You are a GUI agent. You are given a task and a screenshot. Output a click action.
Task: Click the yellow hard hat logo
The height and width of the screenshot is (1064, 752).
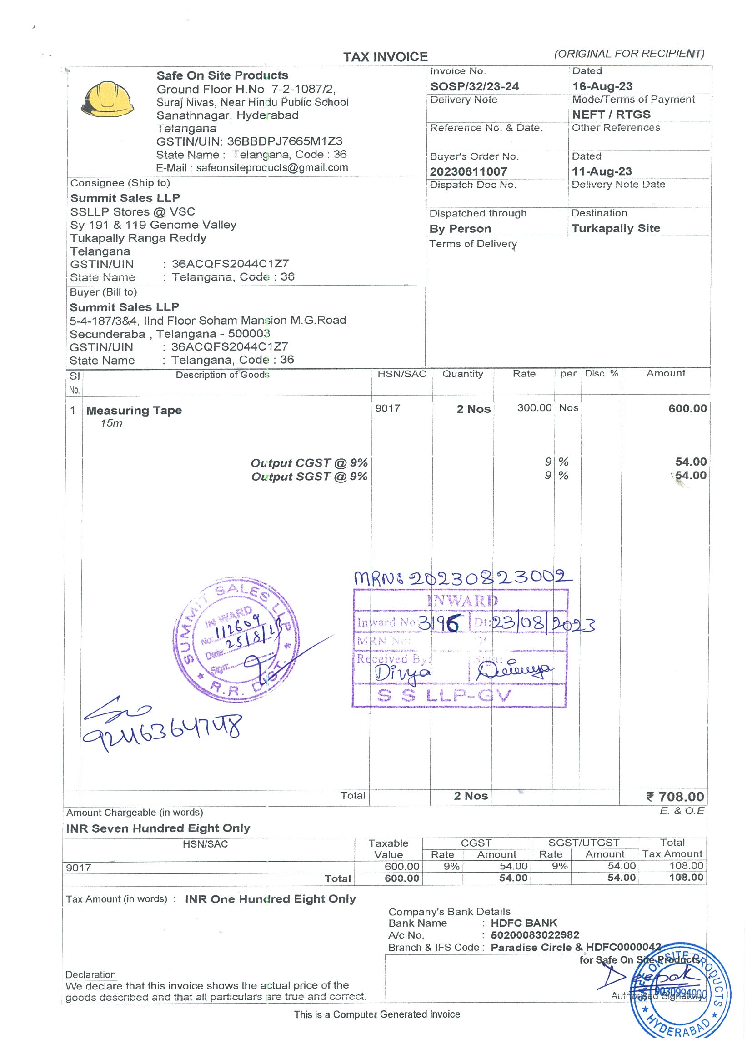point(107,99)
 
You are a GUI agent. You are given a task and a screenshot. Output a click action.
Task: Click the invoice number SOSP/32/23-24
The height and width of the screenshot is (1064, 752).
point(474,87)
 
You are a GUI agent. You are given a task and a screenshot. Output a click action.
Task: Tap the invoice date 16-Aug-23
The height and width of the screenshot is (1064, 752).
point(602,87)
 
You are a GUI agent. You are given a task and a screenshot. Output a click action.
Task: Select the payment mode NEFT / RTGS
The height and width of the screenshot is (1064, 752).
point(611,115)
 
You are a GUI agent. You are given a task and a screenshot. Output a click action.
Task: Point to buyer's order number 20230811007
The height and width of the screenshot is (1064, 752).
point(468,171)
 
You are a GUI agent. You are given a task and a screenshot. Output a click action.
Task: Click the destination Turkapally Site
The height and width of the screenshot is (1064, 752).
point(615,228)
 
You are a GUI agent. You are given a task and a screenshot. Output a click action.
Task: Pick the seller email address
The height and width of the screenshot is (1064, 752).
point(271,168)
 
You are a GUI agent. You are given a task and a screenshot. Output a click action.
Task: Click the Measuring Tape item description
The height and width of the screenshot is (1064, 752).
point(134,411)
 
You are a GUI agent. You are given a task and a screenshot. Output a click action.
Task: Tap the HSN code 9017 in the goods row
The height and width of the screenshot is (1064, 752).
point(387,408)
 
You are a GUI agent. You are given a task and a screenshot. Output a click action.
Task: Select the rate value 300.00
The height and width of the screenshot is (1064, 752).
point(534,408)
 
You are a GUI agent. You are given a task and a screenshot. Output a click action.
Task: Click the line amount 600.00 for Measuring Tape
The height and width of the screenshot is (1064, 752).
point(687,408)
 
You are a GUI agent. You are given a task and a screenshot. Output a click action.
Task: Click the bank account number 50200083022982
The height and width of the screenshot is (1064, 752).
point(535,935)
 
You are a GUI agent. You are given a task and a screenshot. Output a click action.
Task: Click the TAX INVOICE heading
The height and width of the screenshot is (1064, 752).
point(385,57)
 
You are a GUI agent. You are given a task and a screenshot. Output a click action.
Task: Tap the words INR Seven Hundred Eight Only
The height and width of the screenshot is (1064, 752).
point(158,828)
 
